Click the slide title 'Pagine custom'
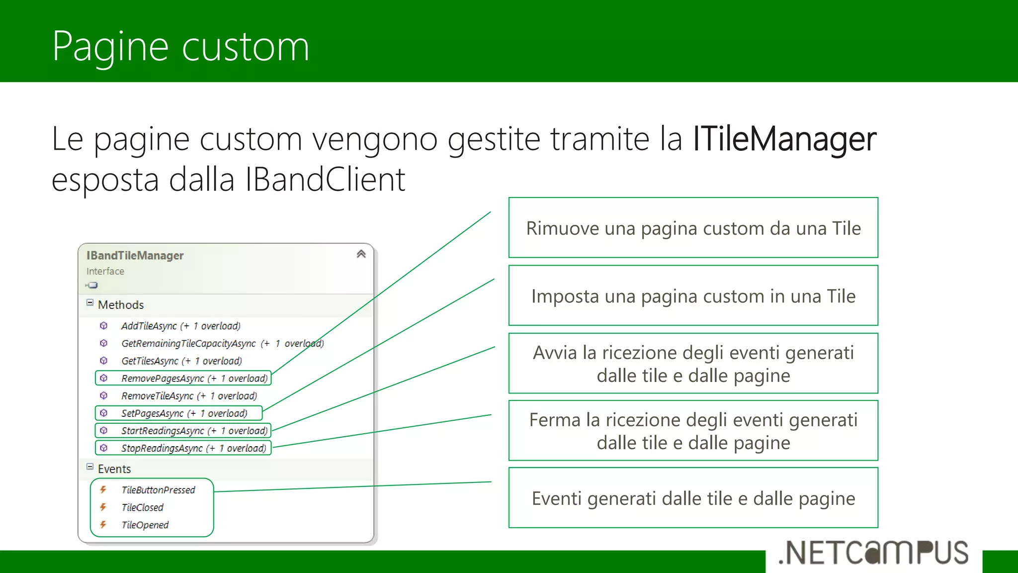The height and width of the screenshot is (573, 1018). [180, 46]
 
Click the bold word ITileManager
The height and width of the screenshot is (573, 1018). [784, 139]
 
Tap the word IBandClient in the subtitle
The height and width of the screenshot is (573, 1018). [325, 180]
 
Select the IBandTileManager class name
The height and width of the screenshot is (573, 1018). [135, 256]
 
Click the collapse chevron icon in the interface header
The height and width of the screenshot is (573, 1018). [361, 254]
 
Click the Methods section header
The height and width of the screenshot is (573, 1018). [120, 305]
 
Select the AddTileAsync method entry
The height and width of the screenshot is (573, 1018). [180, 326]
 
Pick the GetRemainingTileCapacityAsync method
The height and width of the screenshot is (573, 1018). [222, 344]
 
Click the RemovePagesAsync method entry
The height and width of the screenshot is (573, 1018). [194, 379]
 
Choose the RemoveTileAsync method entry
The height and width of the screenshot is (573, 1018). [189, 396]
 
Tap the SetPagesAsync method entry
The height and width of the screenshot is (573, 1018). [184, 413]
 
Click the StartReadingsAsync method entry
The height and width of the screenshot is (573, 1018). [194, 431]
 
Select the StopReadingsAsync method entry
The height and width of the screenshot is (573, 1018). [193, 448]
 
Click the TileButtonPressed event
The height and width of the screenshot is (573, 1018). [158, 490]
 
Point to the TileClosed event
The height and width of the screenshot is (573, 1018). [142, 507]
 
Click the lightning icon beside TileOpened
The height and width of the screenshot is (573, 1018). [103, 525]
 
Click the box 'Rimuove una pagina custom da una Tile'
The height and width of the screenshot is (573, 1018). [693, 228]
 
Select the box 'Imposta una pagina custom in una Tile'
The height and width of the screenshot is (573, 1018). [693, 296]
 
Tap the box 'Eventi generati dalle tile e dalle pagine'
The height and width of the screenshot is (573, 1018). [693, 498]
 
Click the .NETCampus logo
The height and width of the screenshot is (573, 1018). [873, 553]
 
